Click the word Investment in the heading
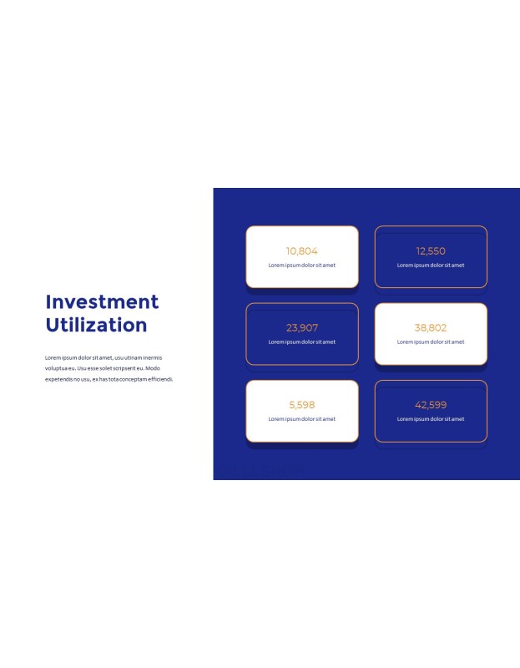[102, 301]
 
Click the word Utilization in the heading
[96, 325]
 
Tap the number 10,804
[302, 251]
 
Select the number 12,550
[431, 251]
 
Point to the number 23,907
[302, 327]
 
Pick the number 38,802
[431, 327]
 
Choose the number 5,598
[302, 405]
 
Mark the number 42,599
[431, 405]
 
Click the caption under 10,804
[302, 265]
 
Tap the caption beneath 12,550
[431, 265]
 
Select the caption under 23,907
[302, 342]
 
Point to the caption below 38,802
[431, 342]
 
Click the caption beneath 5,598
[302, 419]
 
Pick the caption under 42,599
[431, 419]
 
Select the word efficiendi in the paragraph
[160, 379]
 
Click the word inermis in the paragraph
[153, 357]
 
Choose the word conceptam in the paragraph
[133, 379]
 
